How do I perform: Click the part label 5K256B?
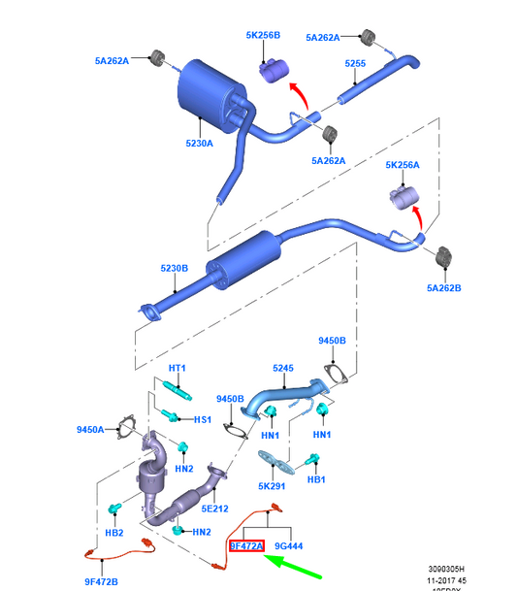click(x=262, y=35)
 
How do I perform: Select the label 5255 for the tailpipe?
click(x=355, y=64)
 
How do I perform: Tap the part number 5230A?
click(x=201, y=144)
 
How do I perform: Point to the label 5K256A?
click(x=402, y=165)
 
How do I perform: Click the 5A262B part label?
click(x=444, y=287)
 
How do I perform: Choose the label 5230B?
click(x=175, y=269)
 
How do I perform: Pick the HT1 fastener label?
click(x=178, y=369)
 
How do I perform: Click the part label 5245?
click(x=282, y=369)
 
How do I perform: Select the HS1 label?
click(x=202, y=419)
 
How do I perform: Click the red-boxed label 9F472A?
click(x=246, y=546)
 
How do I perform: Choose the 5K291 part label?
click(x=271, y=486)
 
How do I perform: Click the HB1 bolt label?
click(x=316, y=480)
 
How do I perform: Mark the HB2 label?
click(x=113, y=533)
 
